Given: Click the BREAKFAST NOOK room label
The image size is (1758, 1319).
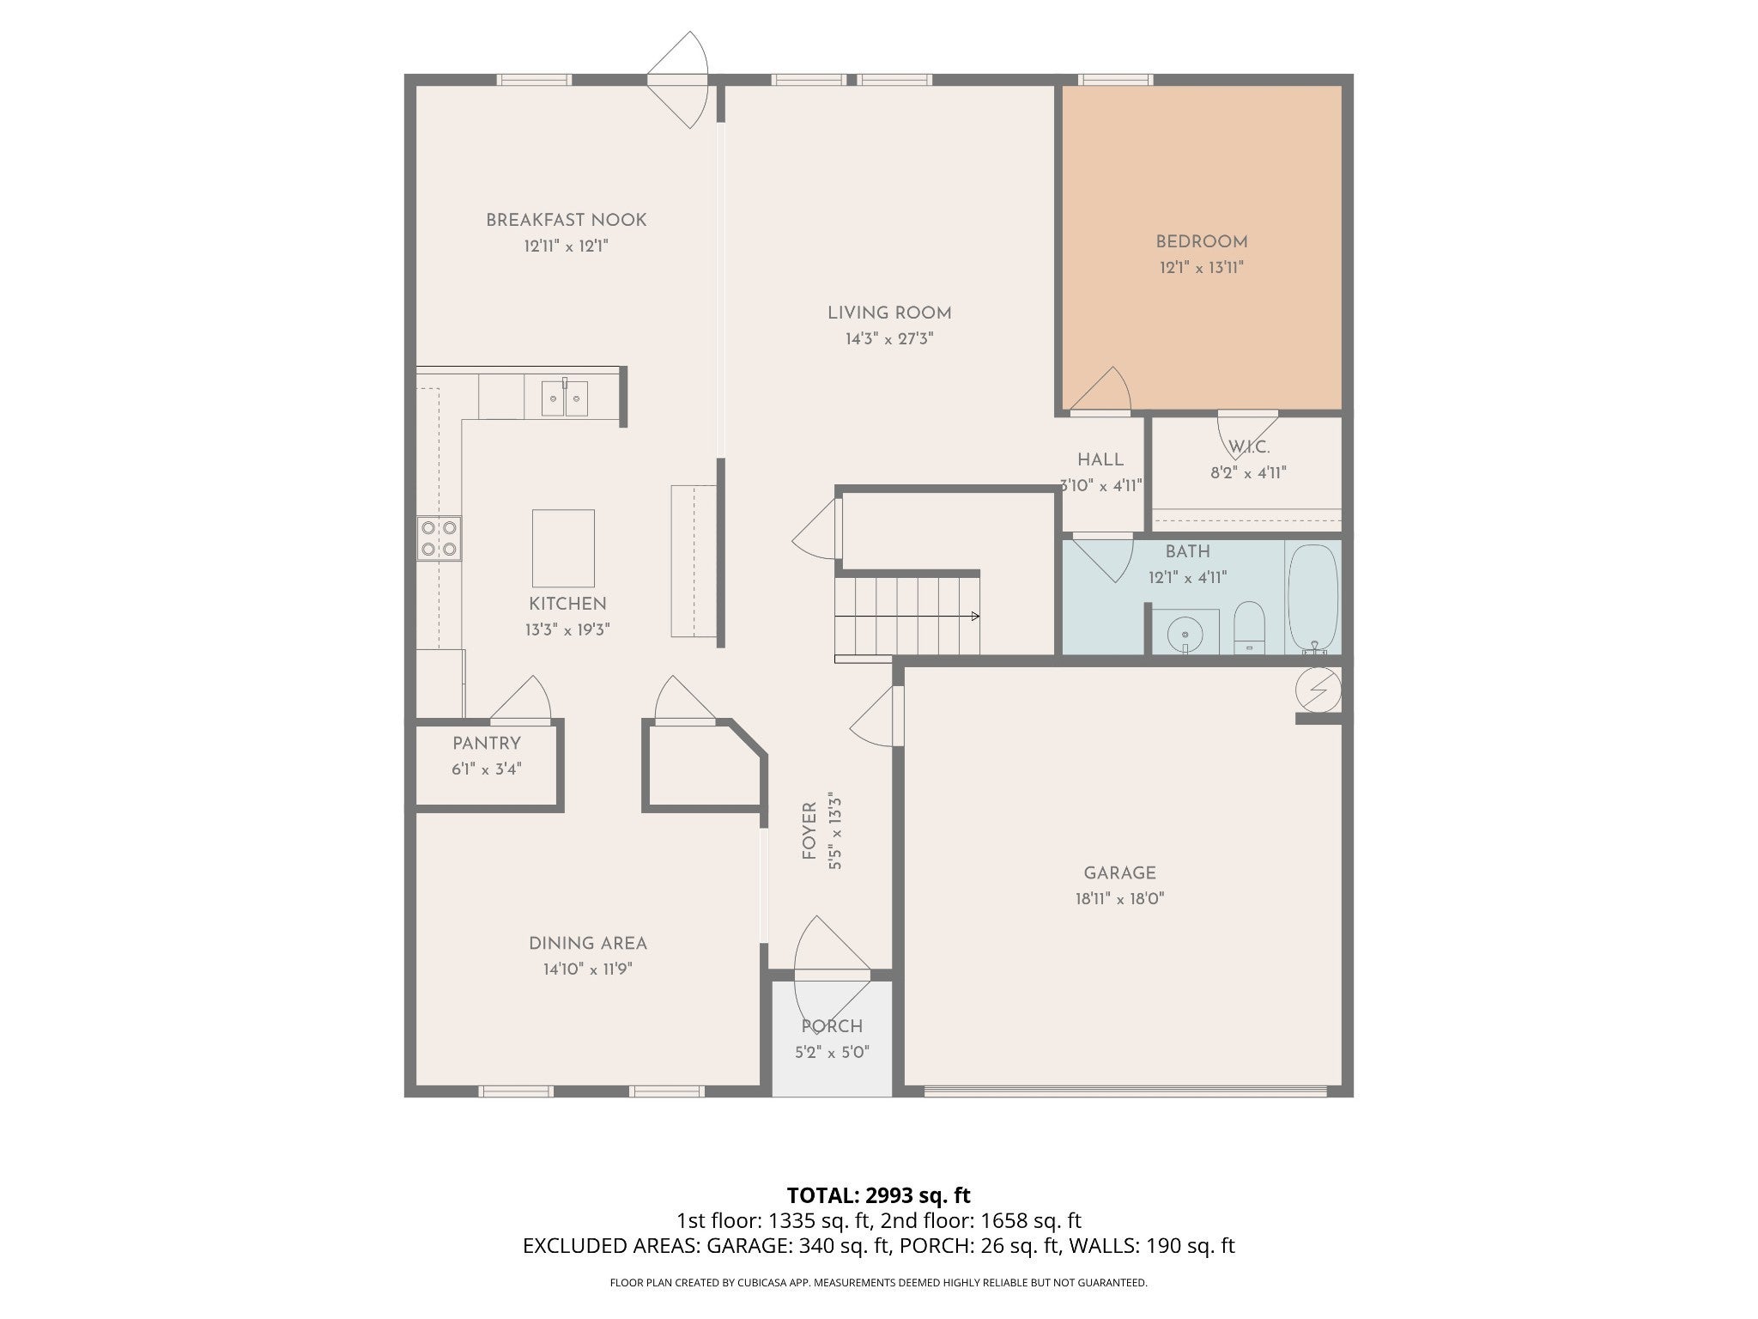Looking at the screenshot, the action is [566, 220].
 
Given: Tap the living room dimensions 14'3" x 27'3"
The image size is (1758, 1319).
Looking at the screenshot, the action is [889, 339].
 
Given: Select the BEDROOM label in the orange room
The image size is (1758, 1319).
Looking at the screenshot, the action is [1202, 242].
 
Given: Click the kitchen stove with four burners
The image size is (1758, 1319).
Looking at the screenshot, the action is [439, 538].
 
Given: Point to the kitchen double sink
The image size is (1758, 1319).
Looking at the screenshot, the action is [565, 398].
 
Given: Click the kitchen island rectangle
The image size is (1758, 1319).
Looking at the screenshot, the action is [563, 549].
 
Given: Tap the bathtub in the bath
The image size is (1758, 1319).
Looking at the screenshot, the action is [1313, 598].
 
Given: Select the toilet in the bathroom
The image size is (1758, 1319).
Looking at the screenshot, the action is [1249, 627].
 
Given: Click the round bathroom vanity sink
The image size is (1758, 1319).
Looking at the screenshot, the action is [1185, 634].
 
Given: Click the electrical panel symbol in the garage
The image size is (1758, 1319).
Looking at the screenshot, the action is [1319, 690].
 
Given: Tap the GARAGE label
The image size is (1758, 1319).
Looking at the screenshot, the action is [1119, 873].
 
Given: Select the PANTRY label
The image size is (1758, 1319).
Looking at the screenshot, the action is [487, 744].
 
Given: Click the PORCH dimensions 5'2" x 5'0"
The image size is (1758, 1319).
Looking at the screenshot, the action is [832, 1052].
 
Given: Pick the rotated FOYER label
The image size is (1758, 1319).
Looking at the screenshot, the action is [809, 831].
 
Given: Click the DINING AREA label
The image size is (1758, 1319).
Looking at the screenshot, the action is [588, 944].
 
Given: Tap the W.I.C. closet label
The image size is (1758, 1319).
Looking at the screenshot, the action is [1249, 447].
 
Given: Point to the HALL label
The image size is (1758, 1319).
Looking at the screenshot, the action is [1100, 460].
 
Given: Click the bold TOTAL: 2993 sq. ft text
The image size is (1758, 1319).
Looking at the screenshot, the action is [878, 1195].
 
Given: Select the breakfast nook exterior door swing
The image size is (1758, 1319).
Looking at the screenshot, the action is [678, 80].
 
